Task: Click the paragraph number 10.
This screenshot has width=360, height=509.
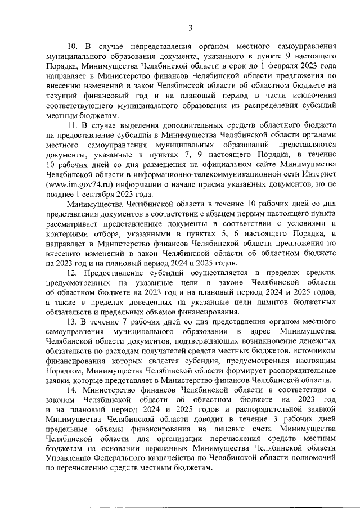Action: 74,46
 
